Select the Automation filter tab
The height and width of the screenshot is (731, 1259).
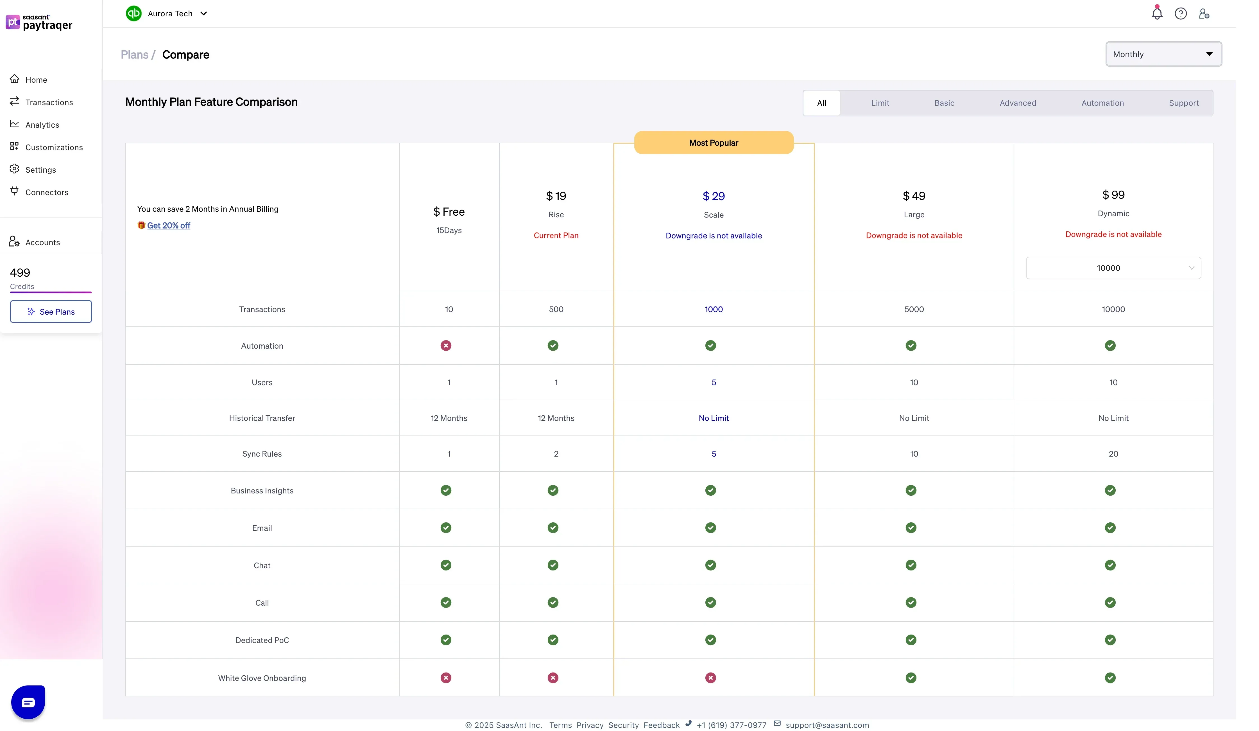pos(1102,103)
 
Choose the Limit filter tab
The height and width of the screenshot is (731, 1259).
pos(880,103)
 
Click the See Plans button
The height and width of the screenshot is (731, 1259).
pos(51,312)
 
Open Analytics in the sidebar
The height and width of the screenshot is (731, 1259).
pos(42,125)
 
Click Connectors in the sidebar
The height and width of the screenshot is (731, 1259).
pos(46,192)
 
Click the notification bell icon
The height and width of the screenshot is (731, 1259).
pos(1157,13)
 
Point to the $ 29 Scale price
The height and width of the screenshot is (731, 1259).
pos(714,196)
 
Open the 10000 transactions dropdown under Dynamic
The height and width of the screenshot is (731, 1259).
pos(1113,268)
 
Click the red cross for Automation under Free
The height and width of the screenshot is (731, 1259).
pos(446,346)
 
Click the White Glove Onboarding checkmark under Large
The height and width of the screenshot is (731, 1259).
pos(911,678)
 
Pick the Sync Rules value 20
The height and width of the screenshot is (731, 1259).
pos(1113,454)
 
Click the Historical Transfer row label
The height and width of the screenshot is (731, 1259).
pos(262,418)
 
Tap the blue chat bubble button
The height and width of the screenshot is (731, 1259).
pos(28,702)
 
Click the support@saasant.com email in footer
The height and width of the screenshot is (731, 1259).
pos(827,725)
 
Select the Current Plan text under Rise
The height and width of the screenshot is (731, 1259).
pos(556,236)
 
